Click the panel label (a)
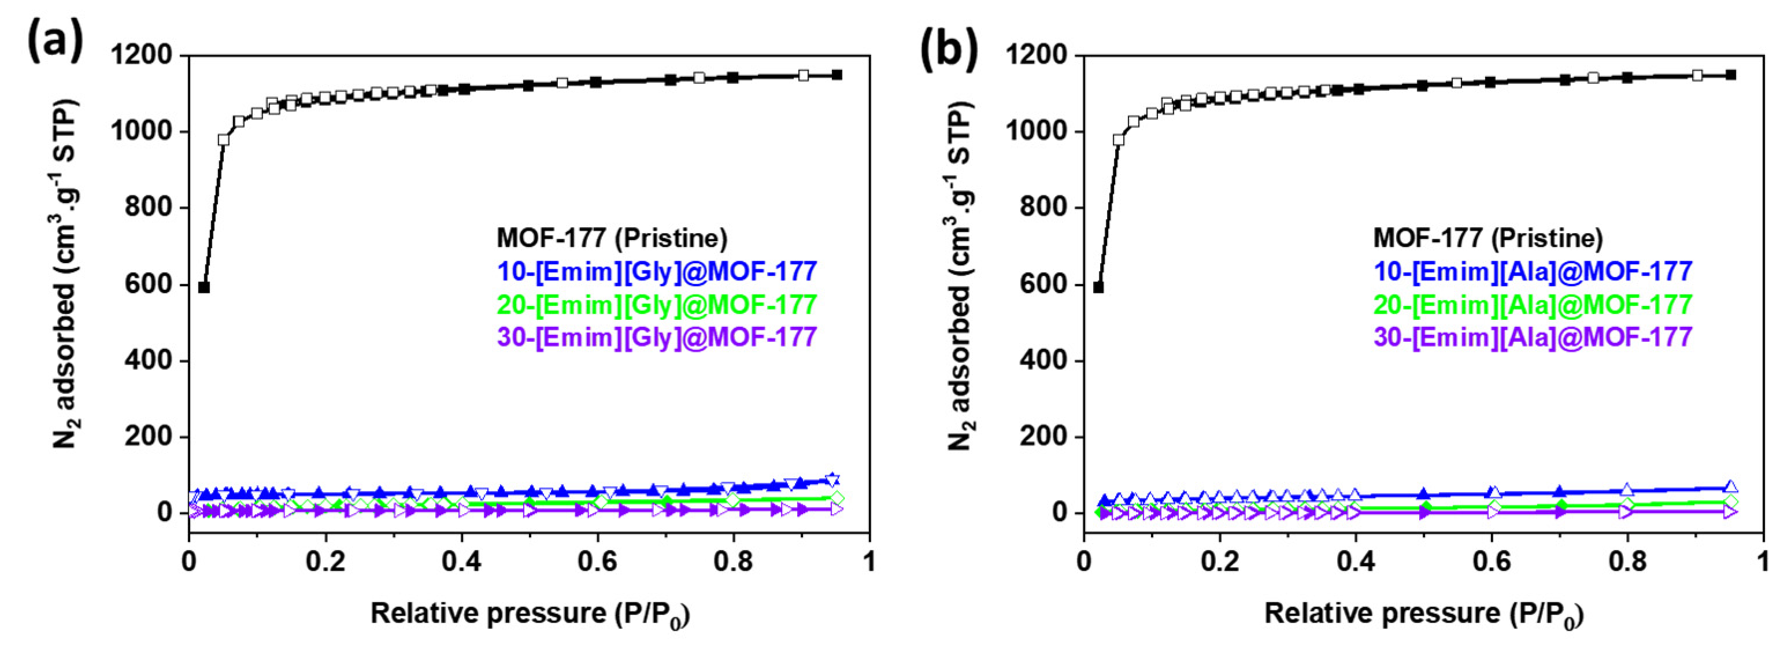(55, 42)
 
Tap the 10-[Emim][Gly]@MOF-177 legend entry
(657, 271)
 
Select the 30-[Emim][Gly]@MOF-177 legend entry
(657, 337)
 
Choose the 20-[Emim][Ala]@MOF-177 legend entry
(1533, 305)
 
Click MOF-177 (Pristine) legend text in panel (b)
(1487, 238)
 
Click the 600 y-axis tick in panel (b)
(1045, 285)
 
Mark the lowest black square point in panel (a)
(204, 287)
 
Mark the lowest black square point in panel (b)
(1098, 287)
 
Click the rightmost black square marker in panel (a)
(837, 75)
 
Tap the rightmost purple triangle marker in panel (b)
(1730, 512)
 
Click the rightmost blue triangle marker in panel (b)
(1730, 487)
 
